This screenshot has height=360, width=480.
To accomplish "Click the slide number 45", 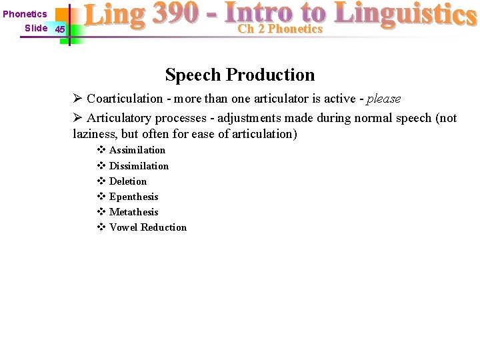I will pyautogui.click(x=60, y=29).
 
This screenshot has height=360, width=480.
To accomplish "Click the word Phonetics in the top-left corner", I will pyautogui.click(x=25, y=14).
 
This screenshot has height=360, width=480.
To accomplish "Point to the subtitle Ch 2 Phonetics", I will pyautogui.click(x=280, y=29).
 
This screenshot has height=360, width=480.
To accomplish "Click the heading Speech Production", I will pyautogui.click(x=240, y=75).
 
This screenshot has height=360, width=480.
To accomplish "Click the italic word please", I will pyautogui.click(x=384, y=99).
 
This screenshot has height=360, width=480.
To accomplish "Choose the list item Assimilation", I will pyautogui.click(x=137, y=150).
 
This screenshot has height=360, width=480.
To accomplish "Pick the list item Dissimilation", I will pyautogui.click(x=139, y=166).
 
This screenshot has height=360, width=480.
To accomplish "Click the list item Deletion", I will pyautogui.click(x=127, y=181).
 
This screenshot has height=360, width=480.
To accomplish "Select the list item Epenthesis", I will pyautogui.click(x=133, y=197).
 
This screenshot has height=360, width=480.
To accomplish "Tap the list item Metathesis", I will pyautogui.click(x=133, y=212).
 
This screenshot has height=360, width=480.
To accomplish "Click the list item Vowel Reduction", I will pyautogui.click(x=147, y=227).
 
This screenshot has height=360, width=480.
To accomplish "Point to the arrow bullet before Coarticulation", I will pyautogui.click(x=77, y=99).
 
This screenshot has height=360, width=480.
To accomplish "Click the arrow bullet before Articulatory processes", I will pyautogui.click(x=77, y=118).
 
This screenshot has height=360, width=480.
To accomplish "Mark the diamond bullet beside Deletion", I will pyautogui.click(x=101, y=181).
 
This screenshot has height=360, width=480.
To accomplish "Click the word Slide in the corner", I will pyautogui.click(x=36, y=28).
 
